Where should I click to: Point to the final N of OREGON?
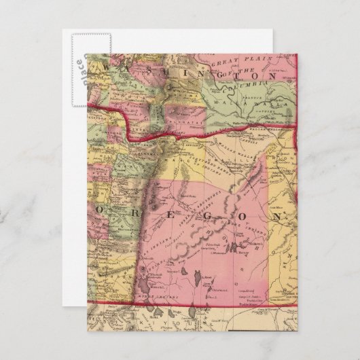pyautogui.click(x=277, y=216)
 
